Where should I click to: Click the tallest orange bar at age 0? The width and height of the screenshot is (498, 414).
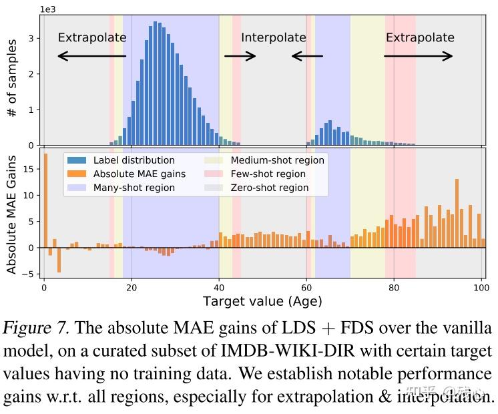point(45,200)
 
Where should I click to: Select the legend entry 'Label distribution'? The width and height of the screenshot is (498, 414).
point(134,160)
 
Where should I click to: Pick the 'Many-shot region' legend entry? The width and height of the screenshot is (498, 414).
point(134,188)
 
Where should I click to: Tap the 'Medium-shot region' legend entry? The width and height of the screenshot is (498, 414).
point(277,160)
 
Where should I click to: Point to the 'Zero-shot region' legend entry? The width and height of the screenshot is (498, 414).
point(269,188)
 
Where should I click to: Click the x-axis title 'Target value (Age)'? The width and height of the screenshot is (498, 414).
point(262,302)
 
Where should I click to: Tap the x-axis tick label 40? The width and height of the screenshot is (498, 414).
point(218,288)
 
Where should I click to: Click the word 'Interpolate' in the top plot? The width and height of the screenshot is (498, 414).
point(274,37)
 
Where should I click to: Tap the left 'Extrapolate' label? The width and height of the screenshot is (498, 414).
point(91,37)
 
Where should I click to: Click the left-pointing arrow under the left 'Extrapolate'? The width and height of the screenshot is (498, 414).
point(91,56)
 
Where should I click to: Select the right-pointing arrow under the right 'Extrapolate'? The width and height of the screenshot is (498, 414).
point(419,56)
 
